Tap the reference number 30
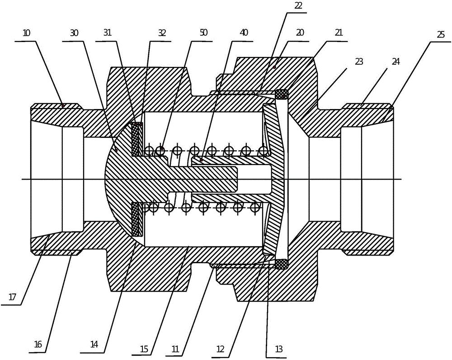click(74, 33)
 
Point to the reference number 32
click(162, 33)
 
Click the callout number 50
click(203, 32)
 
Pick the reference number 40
click(244, 32)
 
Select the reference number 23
click(359, 62)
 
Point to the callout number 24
click(396, 61)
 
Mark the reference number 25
click(440, 35)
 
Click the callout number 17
click(13, 297)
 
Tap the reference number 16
click(38, 344)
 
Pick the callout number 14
click(94, 344)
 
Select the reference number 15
click(144, 349)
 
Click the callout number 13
click(278, 349)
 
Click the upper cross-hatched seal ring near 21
click(282, 94)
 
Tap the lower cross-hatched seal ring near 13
click(282, 264)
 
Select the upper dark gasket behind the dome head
click(137, 139)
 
